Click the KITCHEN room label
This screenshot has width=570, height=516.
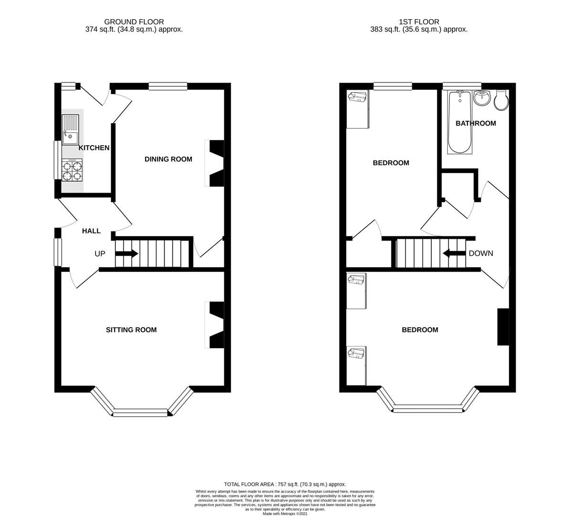pyautogui.click(x=94, y=148)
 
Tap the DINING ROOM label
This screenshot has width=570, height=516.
pyautogui.click(x=168, y=159)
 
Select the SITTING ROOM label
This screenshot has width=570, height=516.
pyautogui.click(x=131, y=330)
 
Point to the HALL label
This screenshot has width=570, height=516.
pyautogui.click(x=91, y=231)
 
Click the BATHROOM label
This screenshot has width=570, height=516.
pyautogui.click(x=475, y=123)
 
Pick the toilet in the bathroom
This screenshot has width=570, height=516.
pyautogui.click(x=502, y=100)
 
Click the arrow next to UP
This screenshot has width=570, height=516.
pyautogui.click(x=127, y=254)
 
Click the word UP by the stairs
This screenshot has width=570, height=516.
pyautogui.click(x=100, y=254)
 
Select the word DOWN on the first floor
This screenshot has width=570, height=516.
pyautogui.click(x=481, y=253)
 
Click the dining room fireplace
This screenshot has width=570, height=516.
pyautogui.click(x=216, y=163)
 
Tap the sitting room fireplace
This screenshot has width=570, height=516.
pyautogui.click(x=216, y=325)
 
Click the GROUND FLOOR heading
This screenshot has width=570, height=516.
pyautogui.click(x=134, y=21)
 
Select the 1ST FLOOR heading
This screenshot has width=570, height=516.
pyautogui.click(x=419, y=21)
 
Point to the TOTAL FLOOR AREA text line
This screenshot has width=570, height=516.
pyautogui.click(x=285, y=484)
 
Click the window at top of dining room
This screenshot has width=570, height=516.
pyautogui.click(x=167, y=86)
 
